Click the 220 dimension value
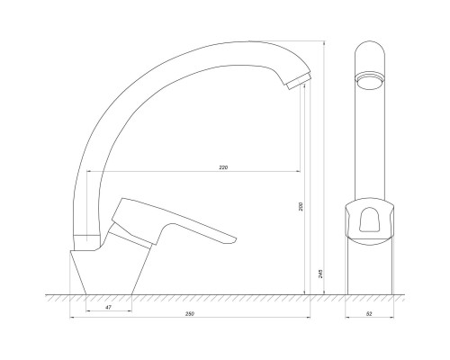[223, 167]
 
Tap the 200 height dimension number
[301, 206]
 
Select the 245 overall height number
[320, 274]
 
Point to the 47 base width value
[109, 307]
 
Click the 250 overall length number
[190, 314]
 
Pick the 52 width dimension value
[369, 314]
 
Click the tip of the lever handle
[236, 239]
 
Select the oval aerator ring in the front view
[369, 80]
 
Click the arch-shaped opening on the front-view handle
[369, 220]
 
